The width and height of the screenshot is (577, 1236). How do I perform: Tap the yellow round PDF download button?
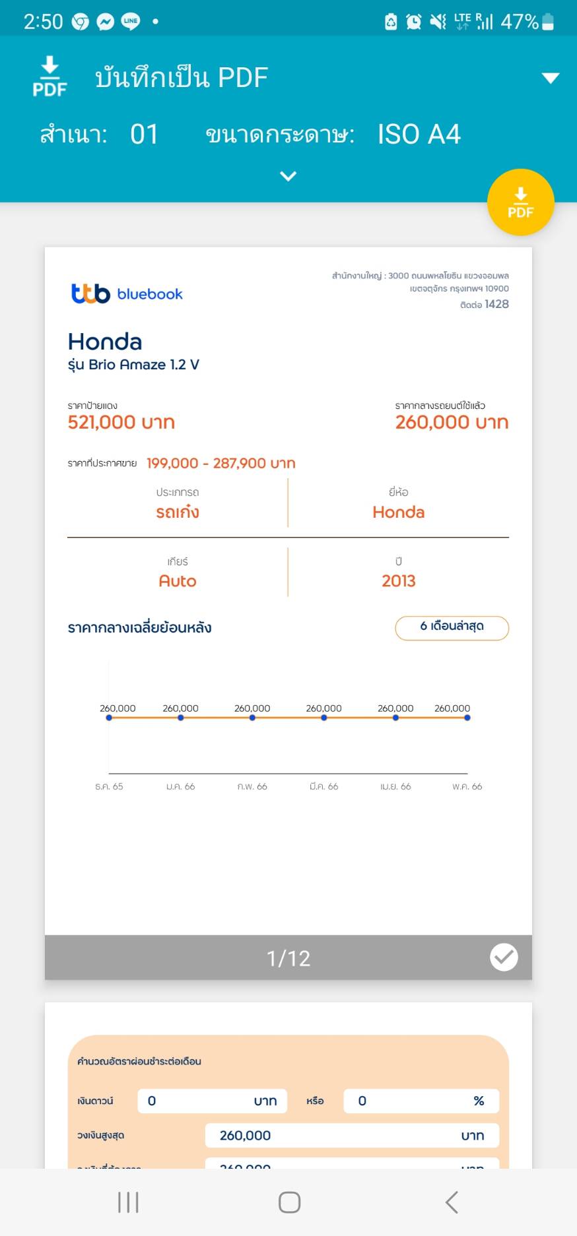pyautogui.click(x=520, y=202)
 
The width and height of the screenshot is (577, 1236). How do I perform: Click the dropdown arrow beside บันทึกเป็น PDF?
pyautogui.click(x=550, y=78)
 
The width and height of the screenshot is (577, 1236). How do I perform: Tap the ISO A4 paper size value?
pyautogui.click(x=419, y=135)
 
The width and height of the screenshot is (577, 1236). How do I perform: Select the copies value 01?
pyautogui.click(x=144, y=135)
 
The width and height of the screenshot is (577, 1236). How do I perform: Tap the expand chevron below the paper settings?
pyautogui.click(x=288, y=176)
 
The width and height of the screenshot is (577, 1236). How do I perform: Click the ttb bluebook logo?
pyautogui.click(x=127, y=294)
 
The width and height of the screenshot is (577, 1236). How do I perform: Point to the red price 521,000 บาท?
pyautogui.click(x=121, y=422)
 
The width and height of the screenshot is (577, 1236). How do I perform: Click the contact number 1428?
pyautogui.click(x=496, y=304)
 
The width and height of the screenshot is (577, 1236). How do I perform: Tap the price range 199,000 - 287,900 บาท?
pyautogui.click(x=221, y=463)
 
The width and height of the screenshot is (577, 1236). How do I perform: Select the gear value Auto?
pyautogui.click(x=178, y=581)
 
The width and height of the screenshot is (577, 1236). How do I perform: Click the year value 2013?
pyautogui.click(x=398, y=581)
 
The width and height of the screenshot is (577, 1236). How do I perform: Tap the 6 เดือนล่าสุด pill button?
pyautogui.click(x=452, y=627)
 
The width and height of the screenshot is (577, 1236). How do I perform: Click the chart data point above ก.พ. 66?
pyautogui.click(x=252, y=718)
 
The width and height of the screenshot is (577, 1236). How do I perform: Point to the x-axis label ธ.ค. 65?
pyautogui.click(x=109, y=786)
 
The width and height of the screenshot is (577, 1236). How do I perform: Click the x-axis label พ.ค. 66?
pyautogui.click(x=467, y=786)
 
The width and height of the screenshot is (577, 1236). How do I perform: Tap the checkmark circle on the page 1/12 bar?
pyautogui.click(x=504, y=957)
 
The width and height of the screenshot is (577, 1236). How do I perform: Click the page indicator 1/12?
pyautogui.click(x=288, y=958)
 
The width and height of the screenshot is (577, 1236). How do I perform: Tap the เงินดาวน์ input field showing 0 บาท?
pyautogui.click(x=212, y=1101)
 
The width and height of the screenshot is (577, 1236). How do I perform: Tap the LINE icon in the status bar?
pyautogui.click(x=131, y=21)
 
